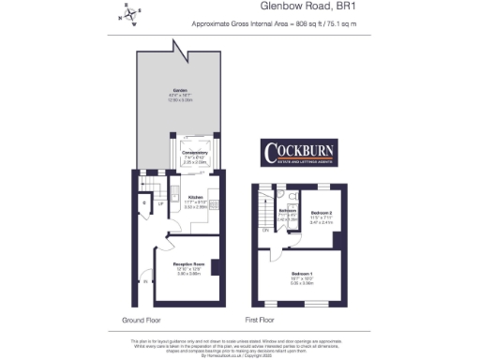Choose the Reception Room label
[188, 265]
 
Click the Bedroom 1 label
[299, 273]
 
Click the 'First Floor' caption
[262, 320]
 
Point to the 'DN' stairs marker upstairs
[266, 230]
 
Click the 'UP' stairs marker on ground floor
[161, 203]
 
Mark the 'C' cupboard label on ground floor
[143, 202]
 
